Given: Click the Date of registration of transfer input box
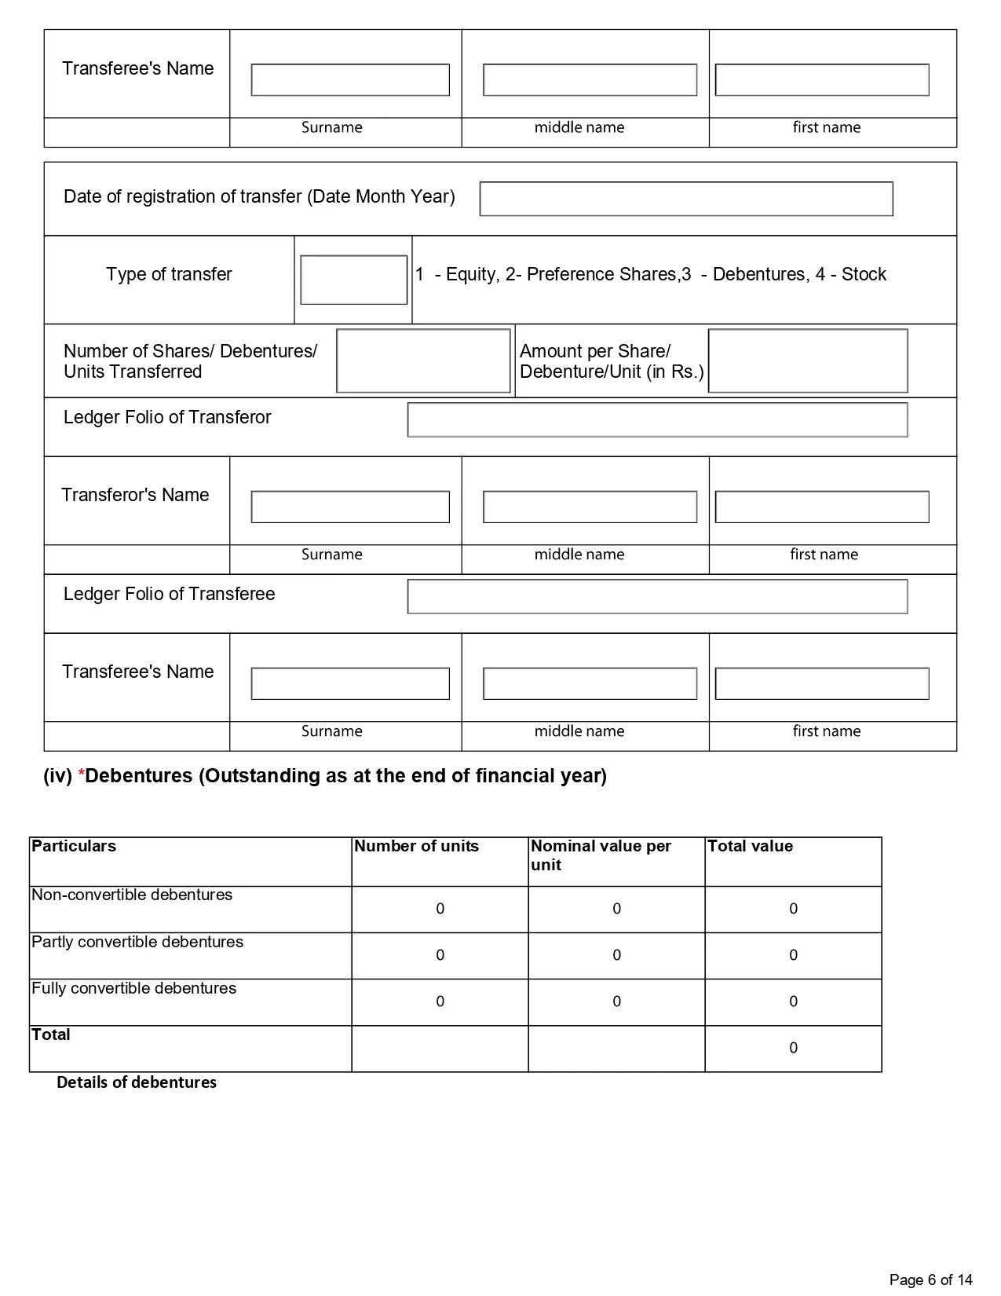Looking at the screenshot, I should [x=686, y=199].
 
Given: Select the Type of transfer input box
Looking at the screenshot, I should [x=353, y=280].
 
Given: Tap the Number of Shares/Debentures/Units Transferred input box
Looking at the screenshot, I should [x=423, y=361].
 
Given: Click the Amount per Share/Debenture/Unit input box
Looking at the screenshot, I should [x=808, y=361].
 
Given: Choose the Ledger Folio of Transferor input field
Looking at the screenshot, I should [x=657, y=419].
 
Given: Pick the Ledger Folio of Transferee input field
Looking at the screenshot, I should [x=657, y=596].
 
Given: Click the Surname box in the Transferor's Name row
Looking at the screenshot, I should [x=350, y=507].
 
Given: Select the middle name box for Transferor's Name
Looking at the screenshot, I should [x=590, y=507].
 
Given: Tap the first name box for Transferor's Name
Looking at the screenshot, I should [x=822, y=507].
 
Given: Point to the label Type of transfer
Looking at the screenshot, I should [x=169, y=274].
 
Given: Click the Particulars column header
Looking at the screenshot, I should [x=74, y=846].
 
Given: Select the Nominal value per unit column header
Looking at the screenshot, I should [x=601, y=855].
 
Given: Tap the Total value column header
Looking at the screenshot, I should [x=750, y=846].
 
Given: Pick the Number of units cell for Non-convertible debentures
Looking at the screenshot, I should [x=440, y=909].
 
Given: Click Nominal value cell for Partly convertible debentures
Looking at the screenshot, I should [x=616, y=955].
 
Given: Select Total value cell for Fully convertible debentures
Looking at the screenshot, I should [x=793, y=1001].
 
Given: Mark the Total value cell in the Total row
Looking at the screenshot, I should [x=793, y=1048].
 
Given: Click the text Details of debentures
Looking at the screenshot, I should [x=137, y=1082].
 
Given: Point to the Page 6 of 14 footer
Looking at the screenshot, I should [x=930, y=1280].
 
